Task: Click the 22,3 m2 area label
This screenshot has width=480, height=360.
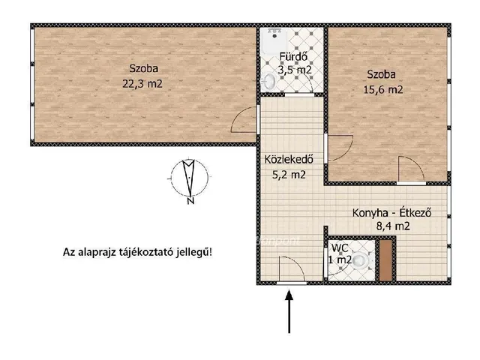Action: coord(142,85)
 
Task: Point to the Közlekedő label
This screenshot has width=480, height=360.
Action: coord(287,160)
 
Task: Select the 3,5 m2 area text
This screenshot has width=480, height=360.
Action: coord(294,70)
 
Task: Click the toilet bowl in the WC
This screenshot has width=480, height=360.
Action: coord(361,261)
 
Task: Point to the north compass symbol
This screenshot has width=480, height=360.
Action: coord(189,176)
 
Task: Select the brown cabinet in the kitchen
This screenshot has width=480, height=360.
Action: coord(385,259)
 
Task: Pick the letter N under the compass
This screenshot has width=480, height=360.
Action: coord(190,201)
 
